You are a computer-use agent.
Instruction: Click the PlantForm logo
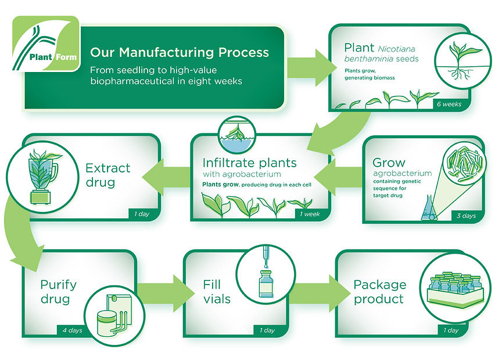tap(45, 44)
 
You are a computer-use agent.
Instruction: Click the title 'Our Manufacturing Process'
tap(180, 52)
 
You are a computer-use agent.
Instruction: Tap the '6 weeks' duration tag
tap(449, 104)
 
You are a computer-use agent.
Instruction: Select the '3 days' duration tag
tap(466, 215)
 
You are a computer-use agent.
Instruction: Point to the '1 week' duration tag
tap(310, 214)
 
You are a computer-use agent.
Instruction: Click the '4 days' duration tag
tap(73, 330)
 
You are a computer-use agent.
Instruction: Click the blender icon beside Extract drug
tap(42, 177)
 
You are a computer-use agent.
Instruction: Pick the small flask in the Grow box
tap(429, 208)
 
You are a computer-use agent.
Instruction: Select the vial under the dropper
tap(266, 284)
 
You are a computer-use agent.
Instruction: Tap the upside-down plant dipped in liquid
tap(237, 134)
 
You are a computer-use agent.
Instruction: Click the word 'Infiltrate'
tap(229, 163)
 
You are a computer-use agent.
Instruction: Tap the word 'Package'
tap(380, 285)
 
